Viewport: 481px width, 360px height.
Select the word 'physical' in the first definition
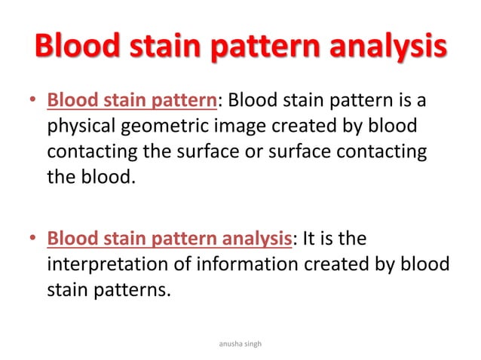[78, 127]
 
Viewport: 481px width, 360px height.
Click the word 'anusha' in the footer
[228, 343]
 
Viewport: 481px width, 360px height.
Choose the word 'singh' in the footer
[257, 343]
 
